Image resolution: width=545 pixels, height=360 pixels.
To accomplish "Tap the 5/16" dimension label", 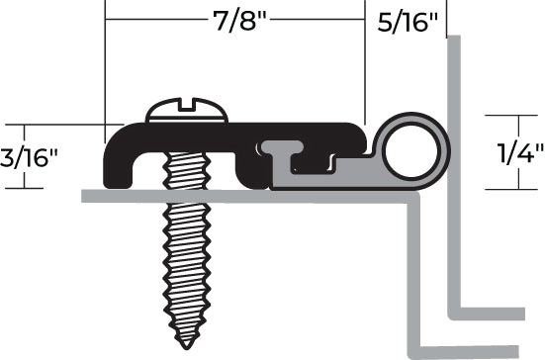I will pyautogui.click(x=409, y=23).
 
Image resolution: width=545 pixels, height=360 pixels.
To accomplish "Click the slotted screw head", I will pyautogui.click(x=187, y=112).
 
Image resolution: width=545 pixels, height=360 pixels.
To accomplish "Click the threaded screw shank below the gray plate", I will pyautogui.click(x=184, y=257).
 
